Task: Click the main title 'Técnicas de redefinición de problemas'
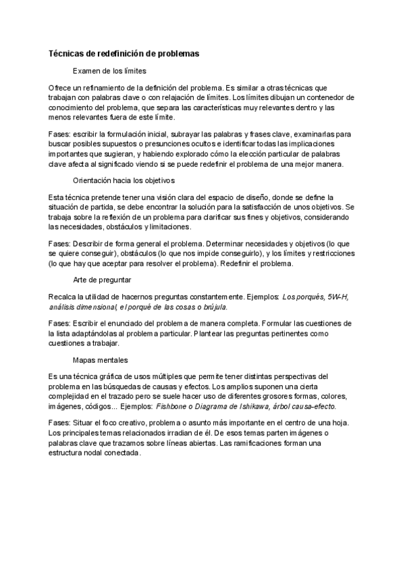124,53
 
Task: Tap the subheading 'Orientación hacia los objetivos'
124,180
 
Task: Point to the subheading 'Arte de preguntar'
101,280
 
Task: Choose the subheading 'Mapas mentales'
100,360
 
